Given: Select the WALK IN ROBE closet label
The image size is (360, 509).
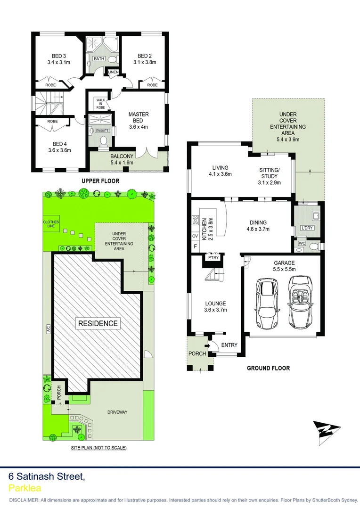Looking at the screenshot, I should click(101, 104).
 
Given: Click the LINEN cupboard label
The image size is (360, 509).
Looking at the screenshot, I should click(114, 72).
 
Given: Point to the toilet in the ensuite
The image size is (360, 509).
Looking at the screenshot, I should click(104, 140).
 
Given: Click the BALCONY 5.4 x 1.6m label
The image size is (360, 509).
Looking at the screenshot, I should click(122, 159).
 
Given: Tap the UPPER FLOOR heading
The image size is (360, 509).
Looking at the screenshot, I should click(100, 181).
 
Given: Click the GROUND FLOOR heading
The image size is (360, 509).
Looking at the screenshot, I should click(268, 368).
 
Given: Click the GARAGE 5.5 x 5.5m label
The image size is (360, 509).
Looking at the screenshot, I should click(284, 266).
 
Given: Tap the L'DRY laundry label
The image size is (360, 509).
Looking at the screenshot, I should click(306, 229).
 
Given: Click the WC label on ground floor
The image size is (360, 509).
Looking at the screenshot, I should click(302, 244).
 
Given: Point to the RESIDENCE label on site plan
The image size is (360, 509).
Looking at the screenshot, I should click(98, 323).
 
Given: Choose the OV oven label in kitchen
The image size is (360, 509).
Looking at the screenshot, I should click(195, 236).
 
